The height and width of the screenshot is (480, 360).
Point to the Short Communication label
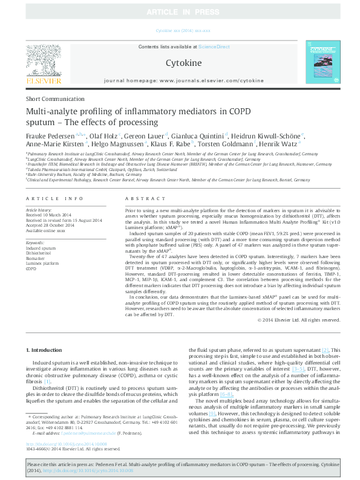(53, 99)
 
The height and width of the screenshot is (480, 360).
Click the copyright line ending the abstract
(299, 320)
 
